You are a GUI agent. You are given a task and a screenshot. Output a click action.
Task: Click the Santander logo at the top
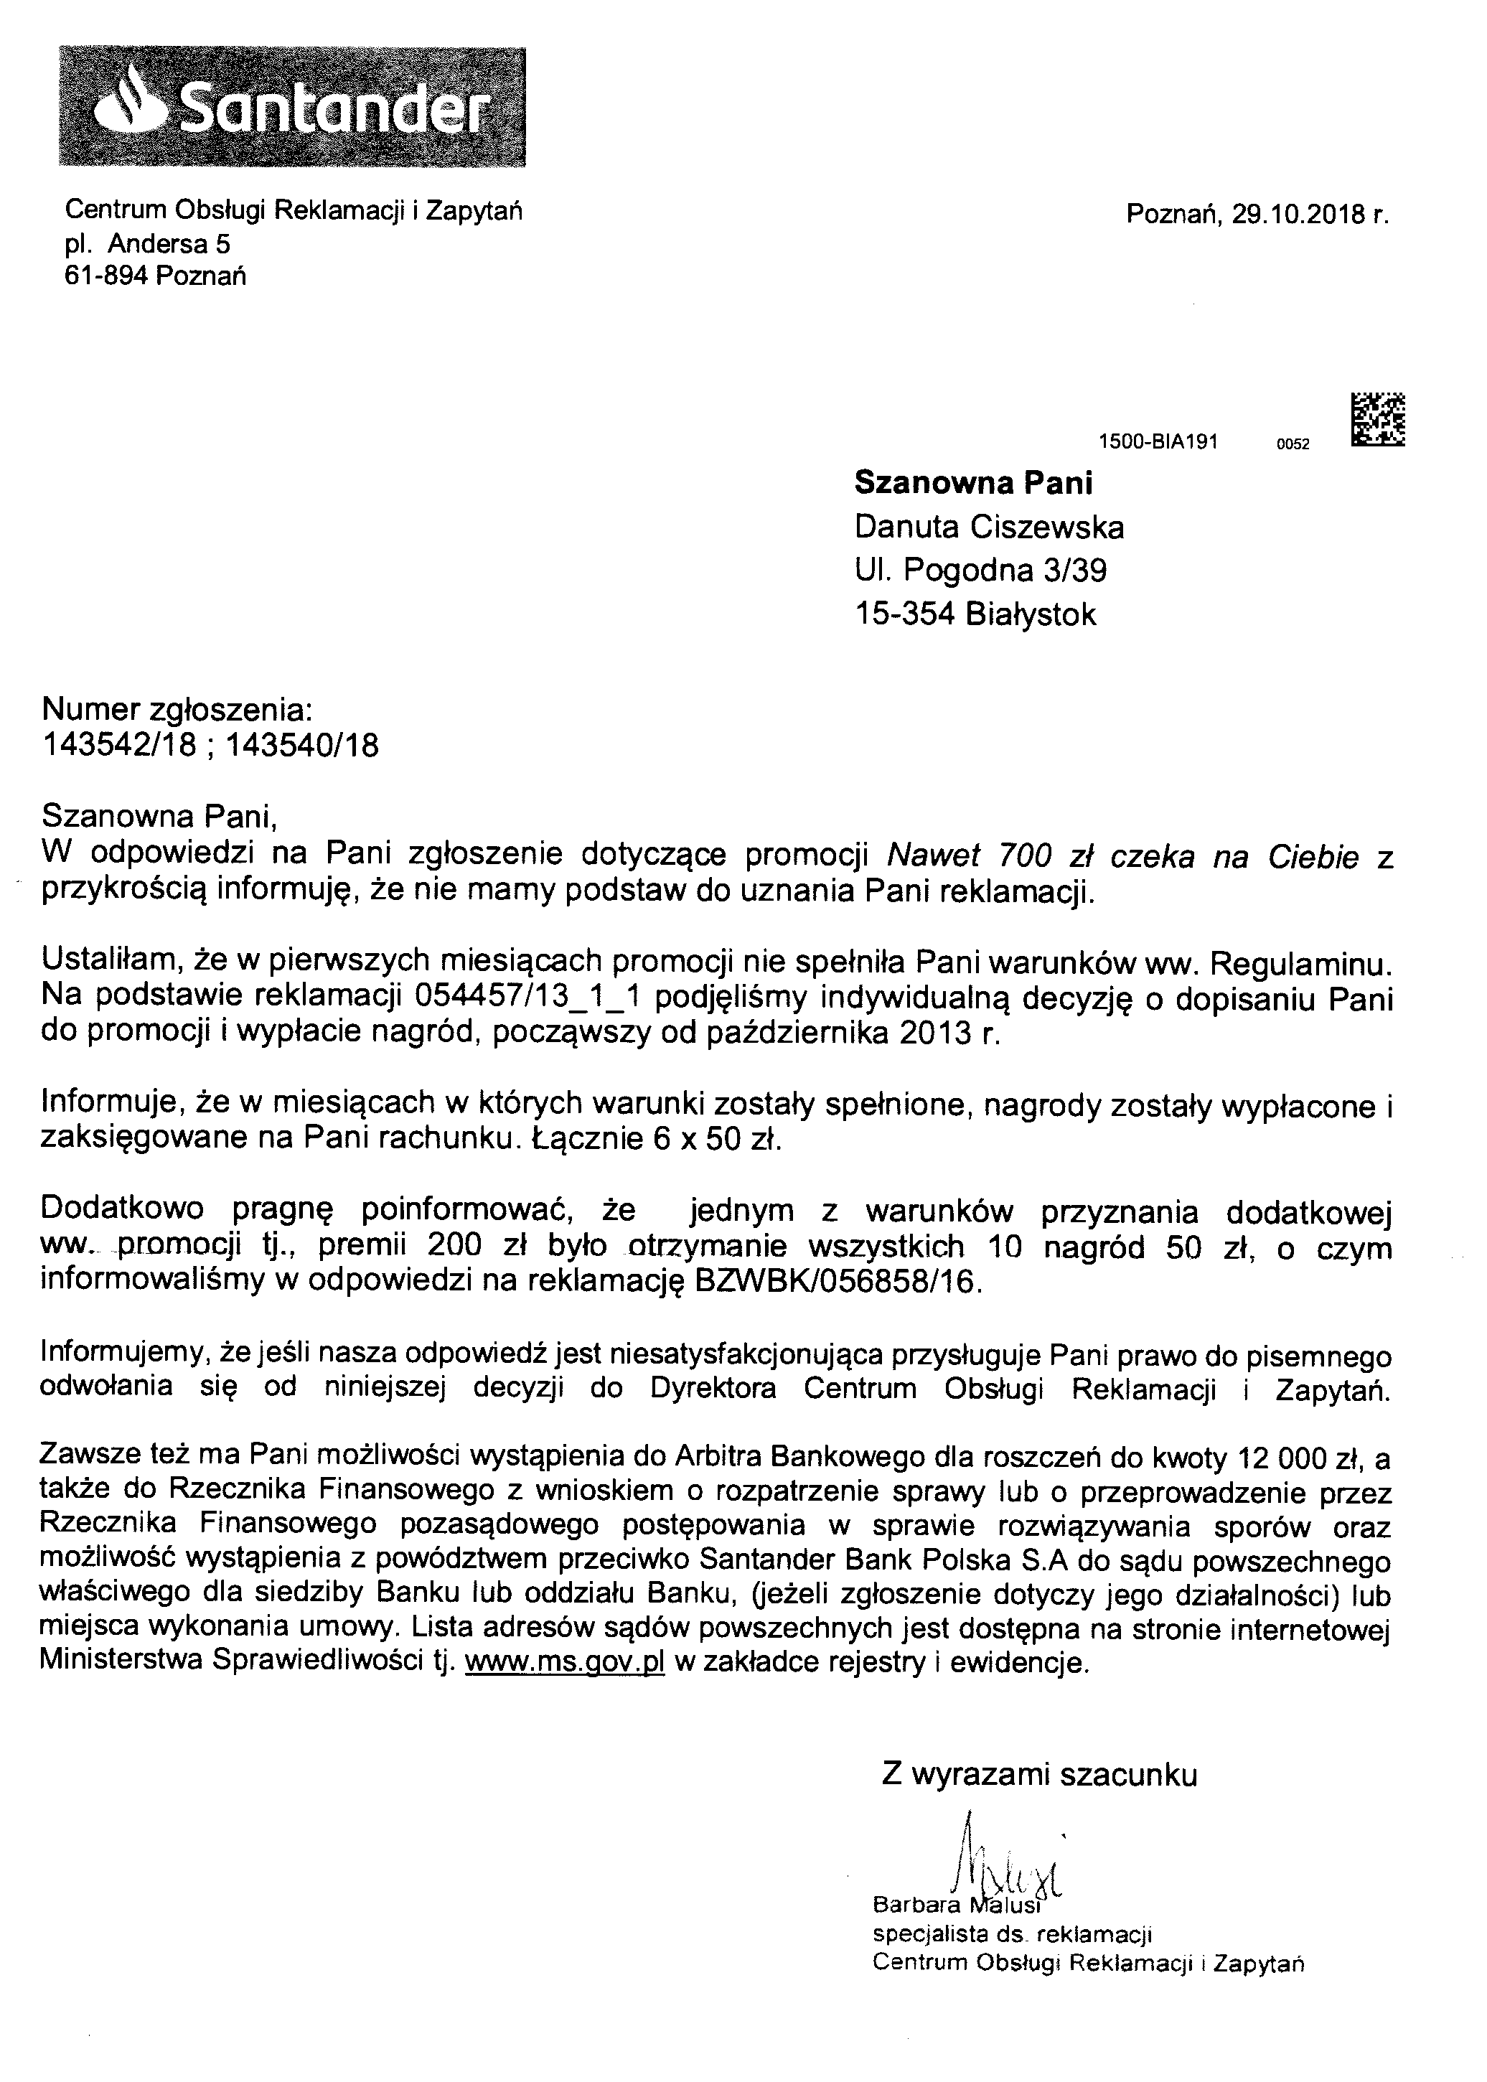292,107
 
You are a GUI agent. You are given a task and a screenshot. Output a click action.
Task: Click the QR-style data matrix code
1378,419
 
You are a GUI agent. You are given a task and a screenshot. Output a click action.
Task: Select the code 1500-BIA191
1158,442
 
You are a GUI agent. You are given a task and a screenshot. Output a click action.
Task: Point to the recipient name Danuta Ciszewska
989,527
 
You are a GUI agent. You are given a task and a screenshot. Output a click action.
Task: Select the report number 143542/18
120,746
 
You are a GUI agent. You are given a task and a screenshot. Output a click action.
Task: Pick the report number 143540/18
301,746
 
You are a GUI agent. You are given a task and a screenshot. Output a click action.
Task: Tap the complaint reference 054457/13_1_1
527,998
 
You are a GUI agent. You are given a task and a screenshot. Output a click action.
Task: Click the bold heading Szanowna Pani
973,482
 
